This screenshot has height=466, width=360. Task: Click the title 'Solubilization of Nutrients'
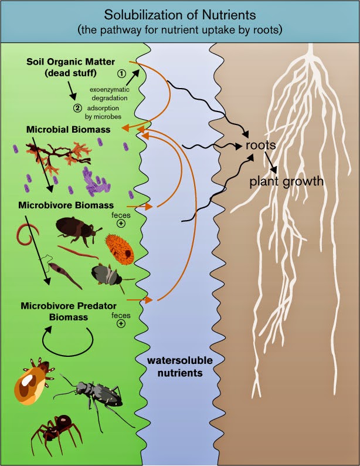tap(180, 15)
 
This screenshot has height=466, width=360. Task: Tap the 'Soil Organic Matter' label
tap(70, 62)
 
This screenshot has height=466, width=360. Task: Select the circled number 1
tap(122, 73)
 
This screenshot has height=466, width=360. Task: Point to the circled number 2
tap(77, 108)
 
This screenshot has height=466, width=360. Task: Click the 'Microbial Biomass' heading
tap(68, 130)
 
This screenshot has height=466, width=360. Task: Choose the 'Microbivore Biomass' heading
tap(66, 205)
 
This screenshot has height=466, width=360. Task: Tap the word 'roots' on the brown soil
tap(260, 145)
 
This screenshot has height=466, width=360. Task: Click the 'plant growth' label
tap(286, 181)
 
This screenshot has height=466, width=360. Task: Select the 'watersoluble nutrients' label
tap(180, 366)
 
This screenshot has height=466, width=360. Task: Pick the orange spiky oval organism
tap(120, 249)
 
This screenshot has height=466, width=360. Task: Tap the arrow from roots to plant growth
tap(271, 163)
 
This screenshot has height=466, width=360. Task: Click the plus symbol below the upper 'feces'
tap(121, 223)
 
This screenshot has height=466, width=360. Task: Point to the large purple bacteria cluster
tap(95, 182)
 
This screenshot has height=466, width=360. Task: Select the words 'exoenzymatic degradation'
tap(110, 93)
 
